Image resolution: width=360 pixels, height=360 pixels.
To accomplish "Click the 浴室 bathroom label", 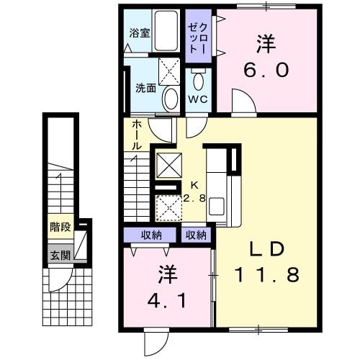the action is (x=140, y=33).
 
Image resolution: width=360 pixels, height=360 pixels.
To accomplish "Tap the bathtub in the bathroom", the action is (x=166, y=30).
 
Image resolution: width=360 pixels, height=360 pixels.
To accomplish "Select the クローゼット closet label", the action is (x=198, y=38).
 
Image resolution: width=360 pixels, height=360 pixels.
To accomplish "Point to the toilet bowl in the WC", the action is (x=198, y=81).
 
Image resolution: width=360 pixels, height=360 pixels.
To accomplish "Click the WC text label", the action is (x=198, y=99).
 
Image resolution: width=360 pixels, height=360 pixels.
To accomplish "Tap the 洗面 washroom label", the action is (x=146, y=88).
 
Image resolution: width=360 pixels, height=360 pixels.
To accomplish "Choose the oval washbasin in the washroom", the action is (x=171, y=99).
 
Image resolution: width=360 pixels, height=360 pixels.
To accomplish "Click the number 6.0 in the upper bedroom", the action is (x=266, y=70).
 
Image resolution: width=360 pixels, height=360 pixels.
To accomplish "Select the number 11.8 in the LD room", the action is (x=267, y=274).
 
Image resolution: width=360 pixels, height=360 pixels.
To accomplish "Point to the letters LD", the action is (x=267, y=248).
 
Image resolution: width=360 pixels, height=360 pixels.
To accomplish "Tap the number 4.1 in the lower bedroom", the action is (x=167, y=301).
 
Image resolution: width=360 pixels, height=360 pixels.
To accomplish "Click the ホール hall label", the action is (x=137, y=135).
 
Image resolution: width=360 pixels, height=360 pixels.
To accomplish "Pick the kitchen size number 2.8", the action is (x=194, y=198).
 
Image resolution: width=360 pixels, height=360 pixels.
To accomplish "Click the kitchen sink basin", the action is (x=217, y=206).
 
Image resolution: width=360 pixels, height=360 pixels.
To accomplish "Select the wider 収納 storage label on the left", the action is (x=151, y=235).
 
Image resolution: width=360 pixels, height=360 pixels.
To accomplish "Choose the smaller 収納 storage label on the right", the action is (x=196, y=235).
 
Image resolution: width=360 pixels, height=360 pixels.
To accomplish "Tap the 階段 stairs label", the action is (x=60, y=227).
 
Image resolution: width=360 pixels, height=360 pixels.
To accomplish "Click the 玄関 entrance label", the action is (x=60, y=255).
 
